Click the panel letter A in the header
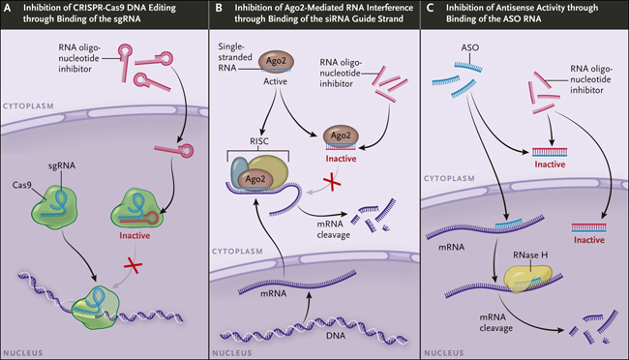tap(7, 8)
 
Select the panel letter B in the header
tap(219, 8)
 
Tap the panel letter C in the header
tap(430, 8)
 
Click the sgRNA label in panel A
tap(62, 165)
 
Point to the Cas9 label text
tap(21, 185)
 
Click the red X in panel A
tap(133, 265)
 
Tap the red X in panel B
tap(332, 183)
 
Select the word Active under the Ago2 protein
tap(275, 81)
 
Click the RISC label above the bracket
tap(259, 141)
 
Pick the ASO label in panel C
tap(469, 47)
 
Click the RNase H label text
tap(530, 255)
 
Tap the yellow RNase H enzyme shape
tap(526, 278)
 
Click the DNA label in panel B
tap(336, 335)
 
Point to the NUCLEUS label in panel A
tap(23, 353)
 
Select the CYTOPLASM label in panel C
tap(449, 178)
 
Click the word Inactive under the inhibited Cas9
tap(135, 235)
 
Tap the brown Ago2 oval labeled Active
tap(276, 61)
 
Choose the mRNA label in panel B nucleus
tap(274, 293)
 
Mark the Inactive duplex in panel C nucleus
tap(589, 228)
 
